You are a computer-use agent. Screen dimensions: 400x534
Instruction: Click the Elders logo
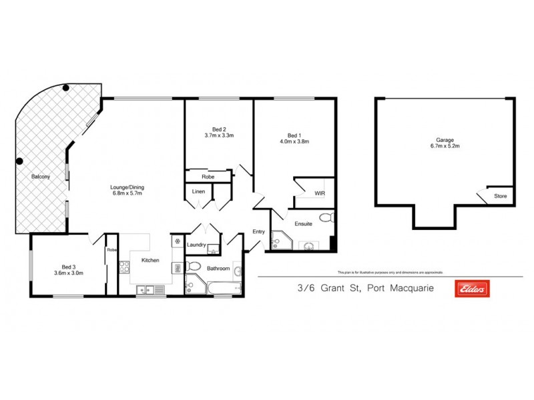472,289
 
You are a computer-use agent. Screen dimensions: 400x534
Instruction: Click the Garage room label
445,140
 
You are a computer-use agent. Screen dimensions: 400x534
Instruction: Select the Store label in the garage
500,197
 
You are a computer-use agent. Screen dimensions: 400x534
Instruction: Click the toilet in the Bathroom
194,267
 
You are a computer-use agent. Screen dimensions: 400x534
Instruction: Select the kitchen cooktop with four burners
123,267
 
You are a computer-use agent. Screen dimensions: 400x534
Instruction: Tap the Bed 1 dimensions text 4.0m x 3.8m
294,141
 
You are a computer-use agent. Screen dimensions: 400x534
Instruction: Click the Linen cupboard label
198,192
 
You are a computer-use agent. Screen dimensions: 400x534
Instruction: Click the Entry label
258,232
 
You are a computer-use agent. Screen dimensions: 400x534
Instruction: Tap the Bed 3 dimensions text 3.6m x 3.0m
68,273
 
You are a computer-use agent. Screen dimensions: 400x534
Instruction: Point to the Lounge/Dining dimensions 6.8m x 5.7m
127,196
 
